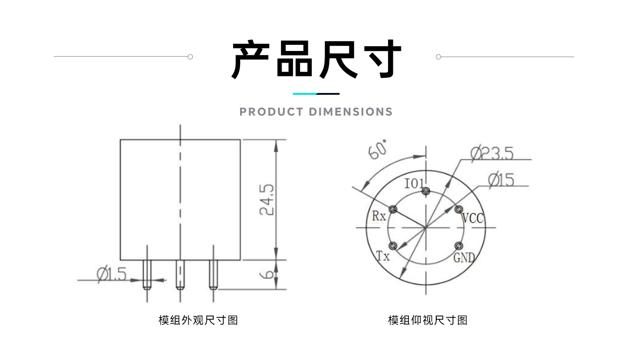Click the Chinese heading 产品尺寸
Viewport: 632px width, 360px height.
tap(316, 60)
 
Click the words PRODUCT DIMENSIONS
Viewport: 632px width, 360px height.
tap(316, 112)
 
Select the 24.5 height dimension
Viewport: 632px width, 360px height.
tap(267, 200)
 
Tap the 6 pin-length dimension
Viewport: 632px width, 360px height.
tap(267, 274)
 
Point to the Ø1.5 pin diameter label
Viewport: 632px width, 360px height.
tap(112, 273)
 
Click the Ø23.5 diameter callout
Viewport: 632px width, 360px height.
tap(491, 153)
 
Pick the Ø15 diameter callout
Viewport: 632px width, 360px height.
tap(501, 180)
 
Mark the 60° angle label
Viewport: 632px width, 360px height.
tap(378, 150)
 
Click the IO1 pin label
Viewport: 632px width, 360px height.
tap(415, 184)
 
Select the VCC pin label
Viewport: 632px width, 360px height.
tap(473, 218)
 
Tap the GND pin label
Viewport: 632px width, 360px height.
tap(465, 258)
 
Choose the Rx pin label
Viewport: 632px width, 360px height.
tap(379, 216)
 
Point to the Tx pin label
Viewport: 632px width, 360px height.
tap(383, 256)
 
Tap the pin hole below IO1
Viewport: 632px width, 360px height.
tap(426, 191)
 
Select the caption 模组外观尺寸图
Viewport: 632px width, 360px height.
tap(198, 320)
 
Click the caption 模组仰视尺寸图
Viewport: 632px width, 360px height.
tap(427, 320)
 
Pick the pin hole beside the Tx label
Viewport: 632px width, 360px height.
tap(392, 246)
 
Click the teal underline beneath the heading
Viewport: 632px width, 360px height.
tap(305, 94)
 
